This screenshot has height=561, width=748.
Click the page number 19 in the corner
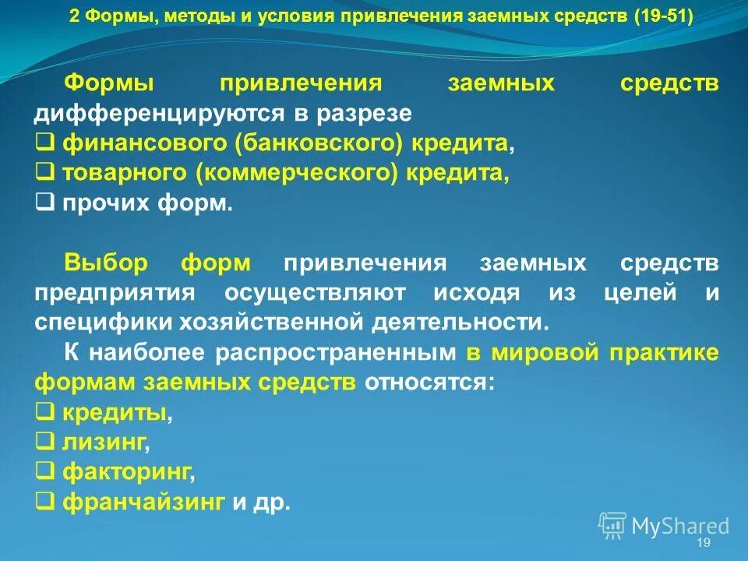704,542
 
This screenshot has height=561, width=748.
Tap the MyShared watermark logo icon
612,525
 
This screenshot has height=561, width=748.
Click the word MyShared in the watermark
680,527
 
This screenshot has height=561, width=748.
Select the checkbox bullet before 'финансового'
44,143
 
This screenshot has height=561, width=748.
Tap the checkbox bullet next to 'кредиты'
44,412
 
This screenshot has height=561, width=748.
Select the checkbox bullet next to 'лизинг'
44,442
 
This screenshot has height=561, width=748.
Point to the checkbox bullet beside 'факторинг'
44,471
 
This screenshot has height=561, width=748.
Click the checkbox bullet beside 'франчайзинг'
44,501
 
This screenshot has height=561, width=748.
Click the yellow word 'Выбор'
105,263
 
